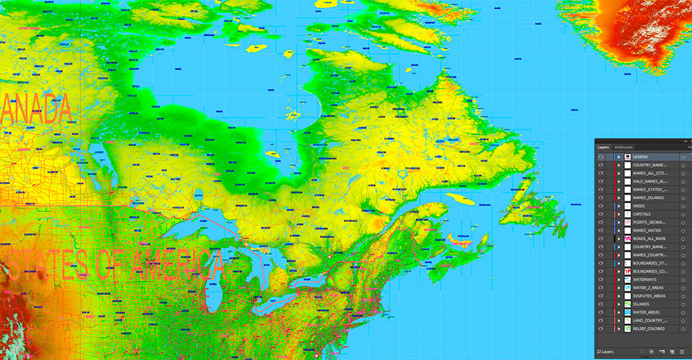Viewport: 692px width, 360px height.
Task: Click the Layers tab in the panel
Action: (x=603, y=147)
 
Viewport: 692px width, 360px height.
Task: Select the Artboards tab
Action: (x=623, y=147)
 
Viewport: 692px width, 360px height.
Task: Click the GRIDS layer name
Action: (x=639, y=206)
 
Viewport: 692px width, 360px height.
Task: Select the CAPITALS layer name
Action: (x=643, y=215)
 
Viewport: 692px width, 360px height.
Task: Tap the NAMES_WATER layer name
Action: (x=646, y=231)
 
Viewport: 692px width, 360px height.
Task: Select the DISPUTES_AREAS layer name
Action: (x=649, y=296)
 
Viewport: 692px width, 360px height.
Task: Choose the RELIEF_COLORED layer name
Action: (x=649, y=328)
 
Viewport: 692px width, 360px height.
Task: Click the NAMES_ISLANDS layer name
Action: (x=648, y=198)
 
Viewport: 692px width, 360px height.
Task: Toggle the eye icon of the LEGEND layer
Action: (x=601, y=157)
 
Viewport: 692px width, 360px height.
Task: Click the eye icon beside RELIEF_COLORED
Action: (x=601, y=328)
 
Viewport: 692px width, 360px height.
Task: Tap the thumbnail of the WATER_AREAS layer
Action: (x=628, y=312)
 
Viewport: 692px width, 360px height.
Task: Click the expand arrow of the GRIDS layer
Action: (x=619, y=206)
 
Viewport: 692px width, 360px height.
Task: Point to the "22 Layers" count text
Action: (x=606, y=352)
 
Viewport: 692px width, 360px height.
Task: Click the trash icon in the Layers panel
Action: (x=682, y=352)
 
